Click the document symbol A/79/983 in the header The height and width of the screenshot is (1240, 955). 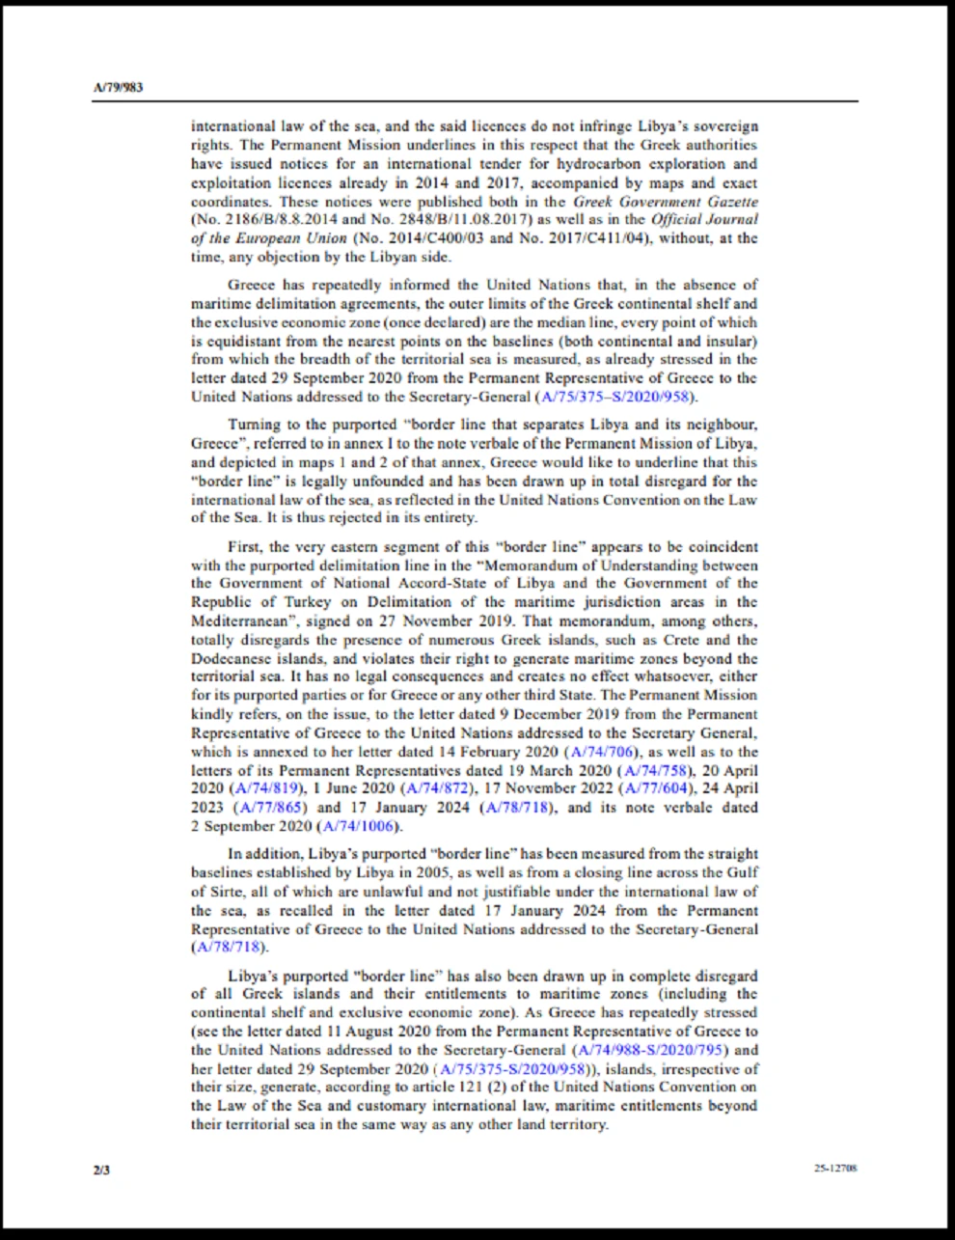pos(118,88)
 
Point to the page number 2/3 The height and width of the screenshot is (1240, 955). pos(101,1170)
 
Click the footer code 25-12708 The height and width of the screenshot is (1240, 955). pos(835,1169)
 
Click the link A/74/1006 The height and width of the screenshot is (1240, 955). pos(359,826)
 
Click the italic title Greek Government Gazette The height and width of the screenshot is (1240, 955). pos(666,202)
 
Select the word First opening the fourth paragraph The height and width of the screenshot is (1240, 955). pos(245,546)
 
